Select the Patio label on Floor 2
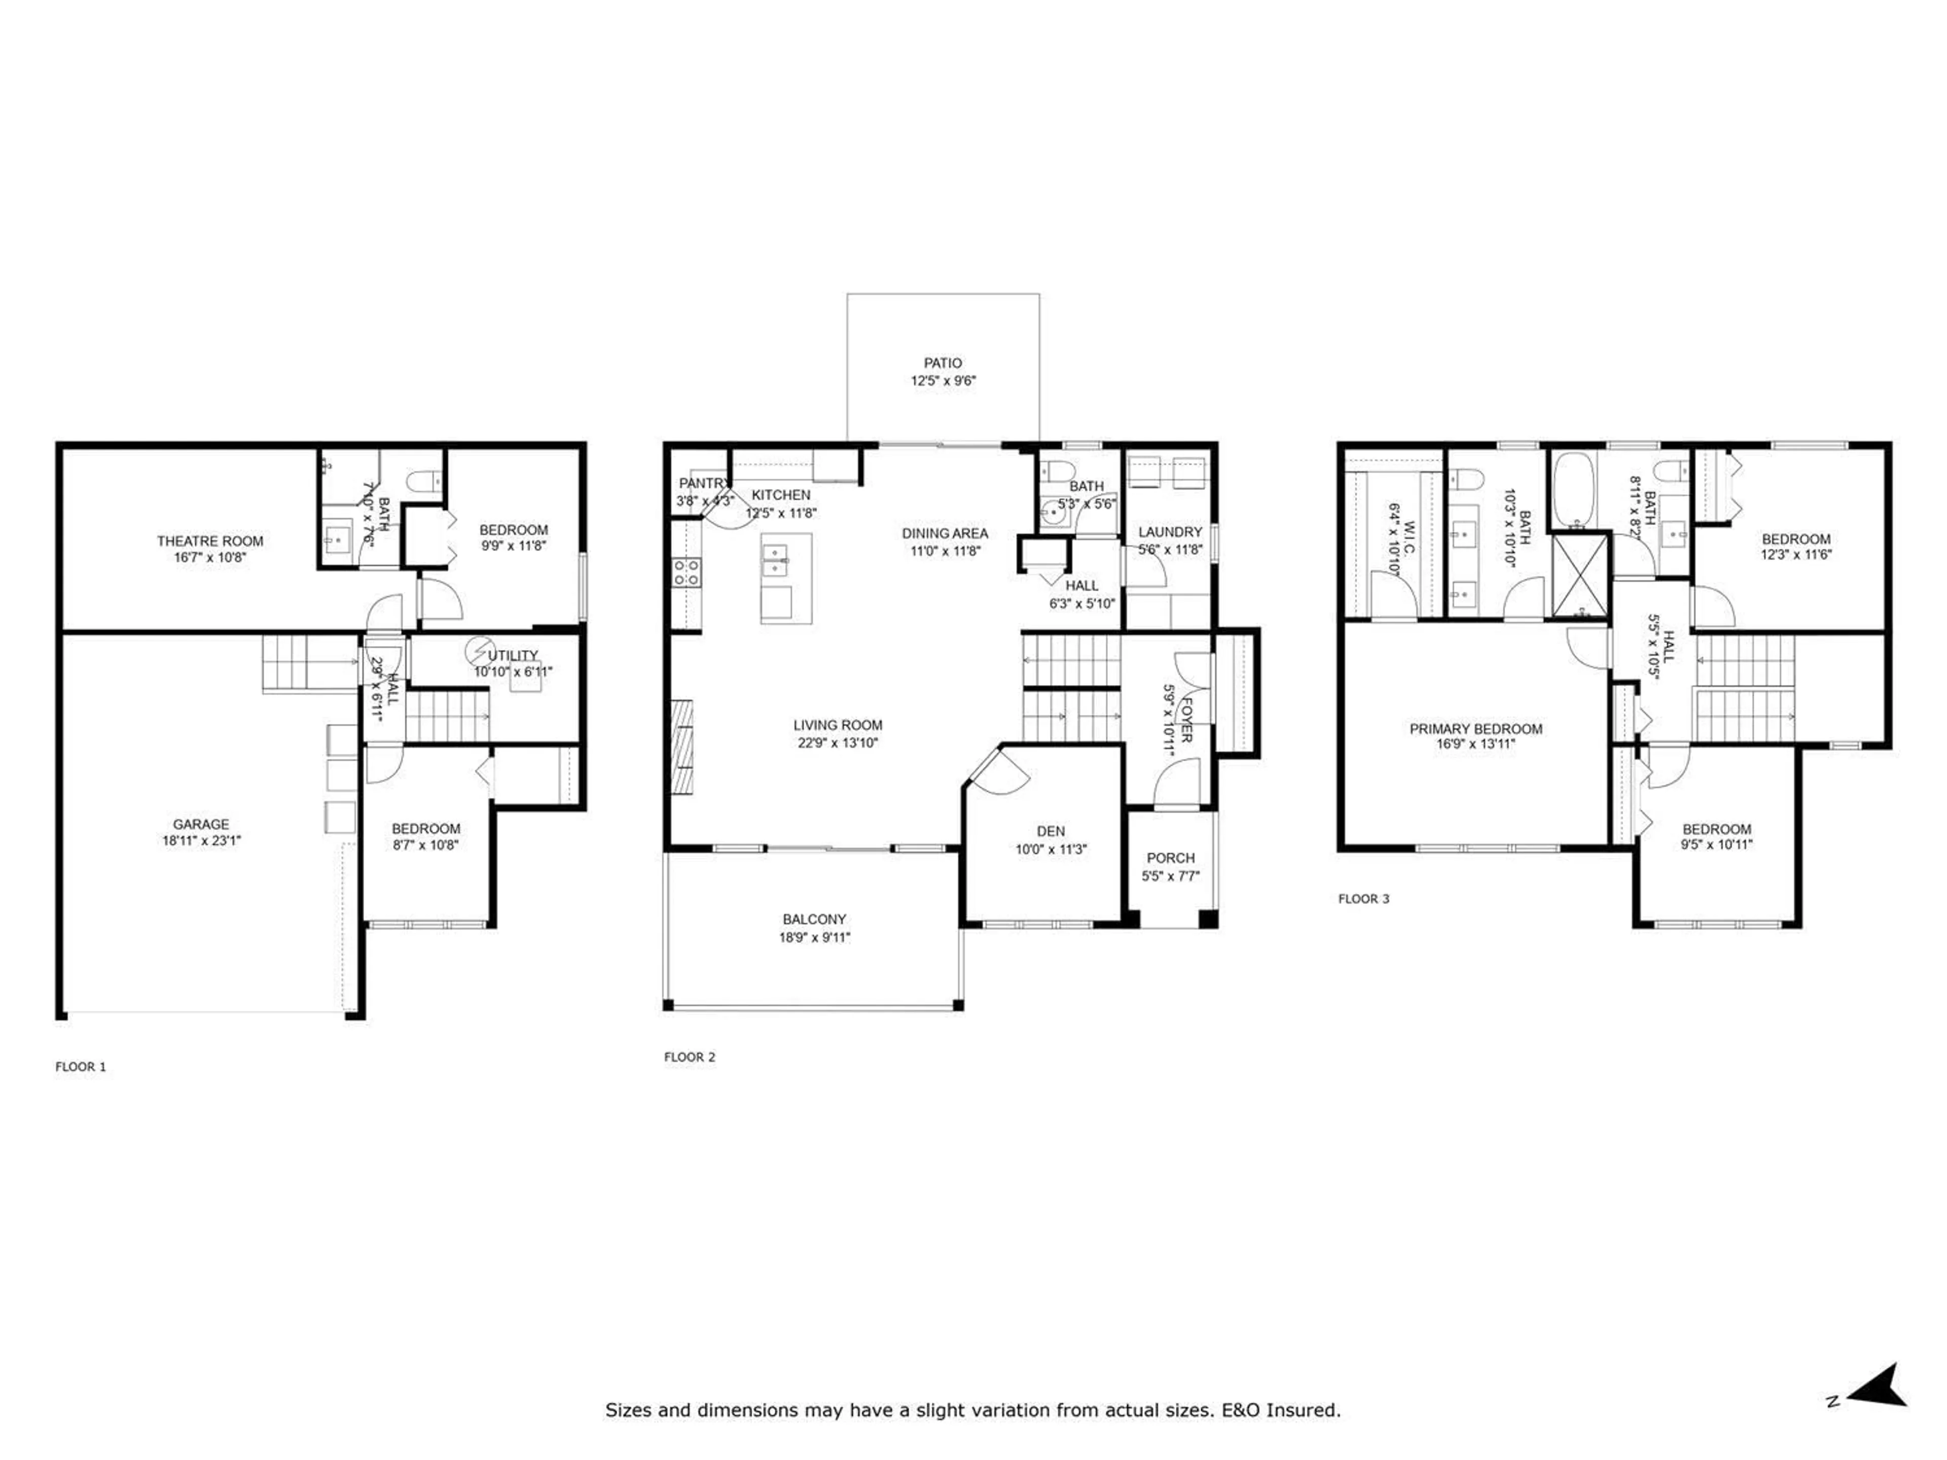pos(942,362)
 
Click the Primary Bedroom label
pos(1475,728)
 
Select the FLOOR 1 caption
pos(80,1067)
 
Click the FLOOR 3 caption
pos(1363,898)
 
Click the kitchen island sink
pos(775,558)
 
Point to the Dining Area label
pos(945,533)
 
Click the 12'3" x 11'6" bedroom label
pos(1795,555)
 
